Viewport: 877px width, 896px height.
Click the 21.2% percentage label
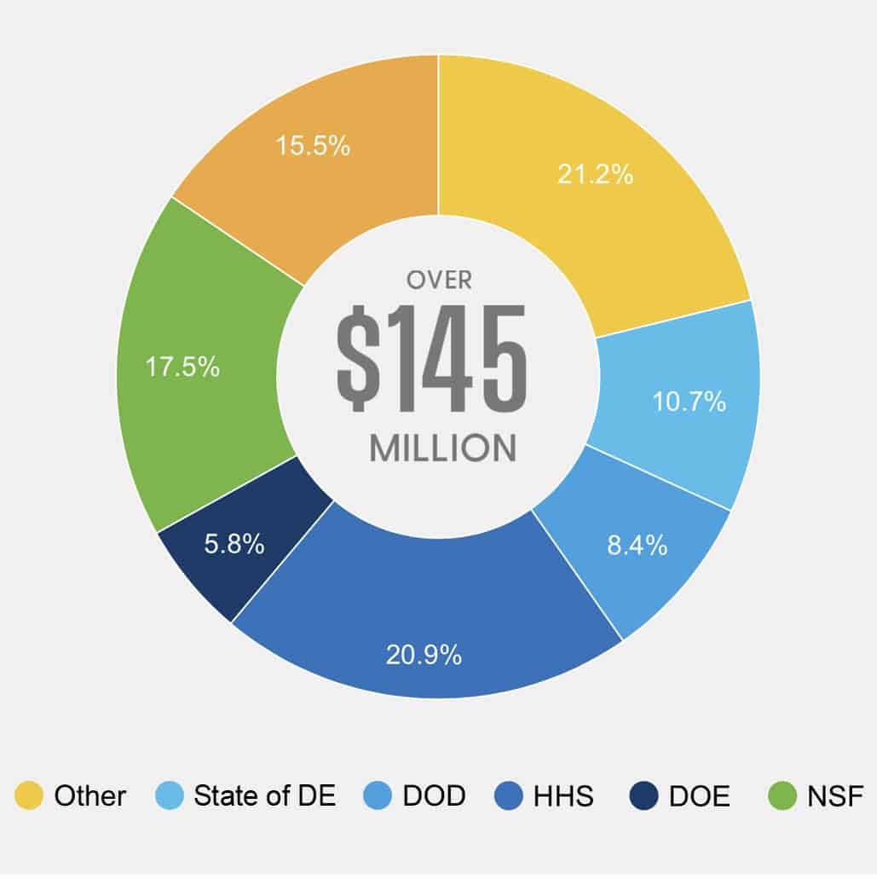(x=595, y=175)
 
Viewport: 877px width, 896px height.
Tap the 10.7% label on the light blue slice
(x=689, y=402)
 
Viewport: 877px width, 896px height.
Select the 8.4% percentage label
(x=637, y=546)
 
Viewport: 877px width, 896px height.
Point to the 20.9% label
(x=424, y=655)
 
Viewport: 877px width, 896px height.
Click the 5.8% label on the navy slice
(x=234, y=544)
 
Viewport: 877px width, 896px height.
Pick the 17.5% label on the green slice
(x=182, y=368)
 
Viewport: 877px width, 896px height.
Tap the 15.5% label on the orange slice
(x=313, y=146)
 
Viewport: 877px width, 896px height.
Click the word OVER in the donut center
(x=438, y=280)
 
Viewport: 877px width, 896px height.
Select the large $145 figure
(x=432, y=358)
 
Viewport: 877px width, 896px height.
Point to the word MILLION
(x=442, y=448)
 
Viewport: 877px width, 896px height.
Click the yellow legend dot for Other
(x=28, y=796)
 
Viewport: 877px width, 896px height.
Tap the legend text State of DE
(x=264, y=796)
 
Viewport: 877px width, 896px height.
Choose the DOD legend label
(x=433, y=796)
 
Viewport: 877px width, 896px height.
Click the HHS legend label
(x=563, y=796)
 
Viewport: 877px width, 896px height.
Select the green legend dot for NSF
(x=782, y=796)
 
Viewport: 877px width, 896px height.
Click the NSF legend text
(x=835, y=796)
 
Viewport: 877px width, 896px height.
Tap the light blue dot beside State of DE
(x=170, y=796)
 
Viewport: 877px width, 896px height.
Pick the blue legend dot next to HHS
(x=508, y=796)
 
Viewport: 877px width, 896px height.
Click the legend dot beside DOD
(x=378, y=796)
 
